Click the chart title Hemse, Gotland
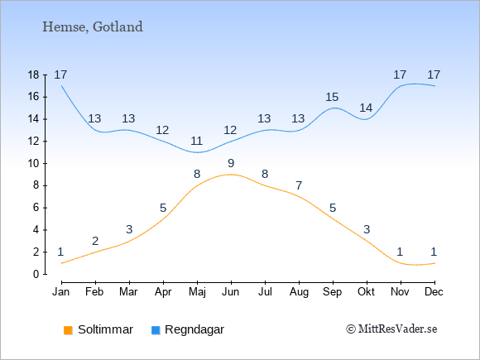93,27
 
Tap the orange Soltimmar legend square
68,330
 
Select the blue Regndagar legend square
156,330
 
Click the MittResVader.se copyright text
391,329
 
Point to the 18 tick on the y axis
33,75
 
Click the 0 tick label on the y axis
36,274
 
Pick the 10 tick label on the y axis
33,164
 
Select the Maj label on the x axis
197,292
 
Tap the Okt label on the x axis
366,292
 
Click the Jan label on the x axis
61,292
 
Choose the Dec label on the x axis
434,292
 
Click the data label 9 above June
231,164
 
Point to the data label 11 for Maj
196,142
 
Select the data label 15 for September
332,98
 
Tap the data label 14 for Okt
366,108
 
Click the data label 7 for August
299,185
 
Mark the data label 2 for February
95,241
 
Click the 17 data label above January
60,74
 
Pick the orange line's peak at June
231,175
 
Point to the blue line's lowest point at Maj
197,152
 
